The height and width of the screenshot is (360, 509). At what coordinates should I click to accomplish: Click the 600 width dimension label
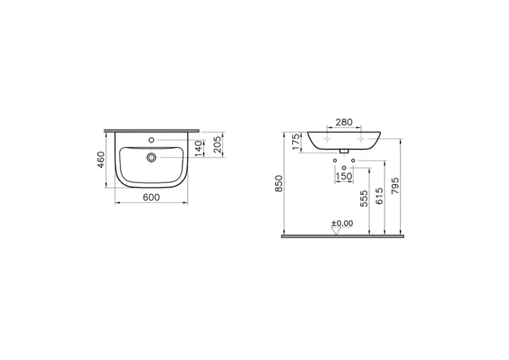click(x=151, y=198)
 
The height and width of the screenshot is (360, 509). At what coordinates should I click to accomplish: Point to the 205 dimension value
click(x=218, y=145)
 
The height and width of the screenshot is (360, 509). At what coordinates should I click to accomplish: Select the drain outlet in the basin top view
click(x=151, y=158)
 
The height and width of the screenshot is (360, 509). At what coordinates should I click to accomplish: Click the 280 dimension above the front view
click(x=343, y=122)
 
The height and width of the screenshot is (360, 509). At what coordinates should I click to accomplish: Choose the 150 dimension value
click(x=343, y=176)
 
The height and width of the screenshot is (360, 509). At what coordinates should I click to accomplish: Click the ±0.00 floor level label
click(x=343, y=223)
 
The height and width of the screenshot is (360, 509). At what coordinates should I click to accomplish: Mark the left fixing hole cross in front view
click(x=327, y=139)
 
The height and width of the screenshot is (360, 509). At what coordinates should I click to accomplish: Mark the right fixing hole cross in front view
click(x=360, y=139)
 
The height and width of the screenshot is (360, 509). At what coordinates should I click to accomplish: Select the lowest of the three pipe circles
click(x=343, y=167)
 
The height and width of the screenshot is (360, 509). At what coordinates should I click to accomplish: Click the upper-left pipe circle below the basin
click(x=334, y=160)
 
